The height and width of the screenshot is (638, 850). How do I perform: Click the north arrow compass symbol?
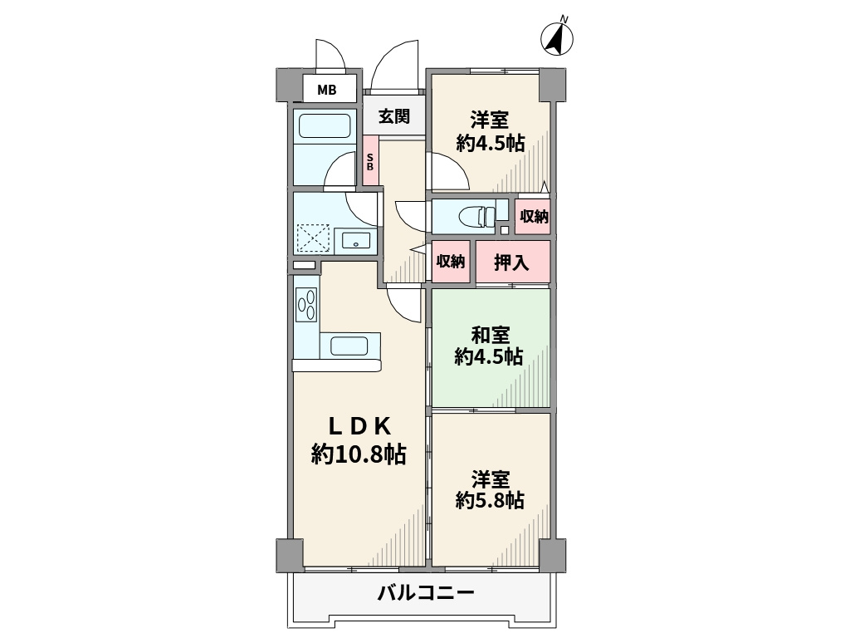(x=559, y=37)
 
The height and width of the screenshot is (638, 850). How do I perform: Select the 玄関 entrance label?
(x=394, y=116)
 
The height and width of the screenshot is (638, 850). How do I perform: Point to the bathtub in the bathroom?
(x=325, y=126)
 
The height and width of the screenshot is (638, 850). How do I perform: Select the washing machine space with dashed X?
(x=313, y=238)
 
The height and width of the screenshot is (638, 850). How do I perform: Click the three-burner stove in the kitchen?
(x=305, y=304)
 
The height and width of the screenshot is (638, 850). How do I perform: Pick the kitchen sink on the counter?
(x=349, y=346)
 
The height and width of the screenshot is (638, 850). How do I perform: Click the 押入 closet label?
(x=511, y=263)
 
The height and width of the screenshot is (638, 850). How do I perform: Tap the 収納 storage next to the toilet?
(x=533, y=217)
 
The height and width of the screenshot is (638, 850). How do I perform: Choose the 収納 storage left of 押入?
(x=451, y=261)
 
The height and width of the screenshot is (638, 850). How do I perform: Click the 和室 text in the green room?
(x=490, y=335)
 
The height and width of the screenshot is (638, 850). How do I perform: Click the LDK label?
(x=359, y=425)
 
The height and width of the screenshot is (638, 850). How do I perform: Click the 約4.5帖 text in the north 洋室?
(x=490, y=142)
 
